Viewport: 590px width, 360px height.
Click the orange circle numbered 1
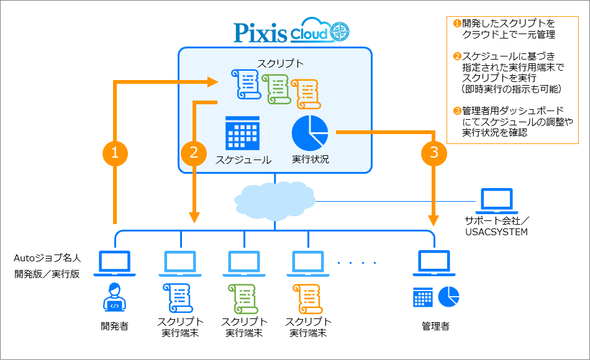pyautogui.click(x=114, y=152)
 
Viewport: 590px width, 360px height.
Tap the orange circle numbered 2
pyautogui.click(x=194, y=152)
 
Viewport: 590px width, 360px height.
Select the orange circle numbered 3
pyautogui.click(x=433, y=152)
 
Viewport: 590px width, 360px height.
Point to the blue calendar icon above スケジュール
pyautogui.click(x=242, y=132)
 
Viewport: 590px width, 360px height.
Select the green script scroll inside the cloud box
pyautogui.click(x=276, y=89)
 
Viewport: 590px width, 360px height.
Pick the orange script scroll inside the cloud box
pyautogui.click(x=306, y=93)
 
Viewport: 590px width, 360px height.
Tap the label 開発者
pyautogui.click(x=114, y=325)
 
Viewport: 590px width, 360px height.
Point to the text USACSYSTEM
pyautogui.click(x=496, y=232)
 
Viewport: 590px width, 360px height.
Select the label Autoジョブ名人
pyautogui.click(x=47, y=257)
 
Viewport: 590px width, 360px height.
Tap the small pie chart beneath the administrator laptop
pyautogui.click(x=448, y=297)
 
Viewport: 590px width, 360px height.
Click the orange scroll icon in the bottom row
pyautogui.click(x=306, y=298)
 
